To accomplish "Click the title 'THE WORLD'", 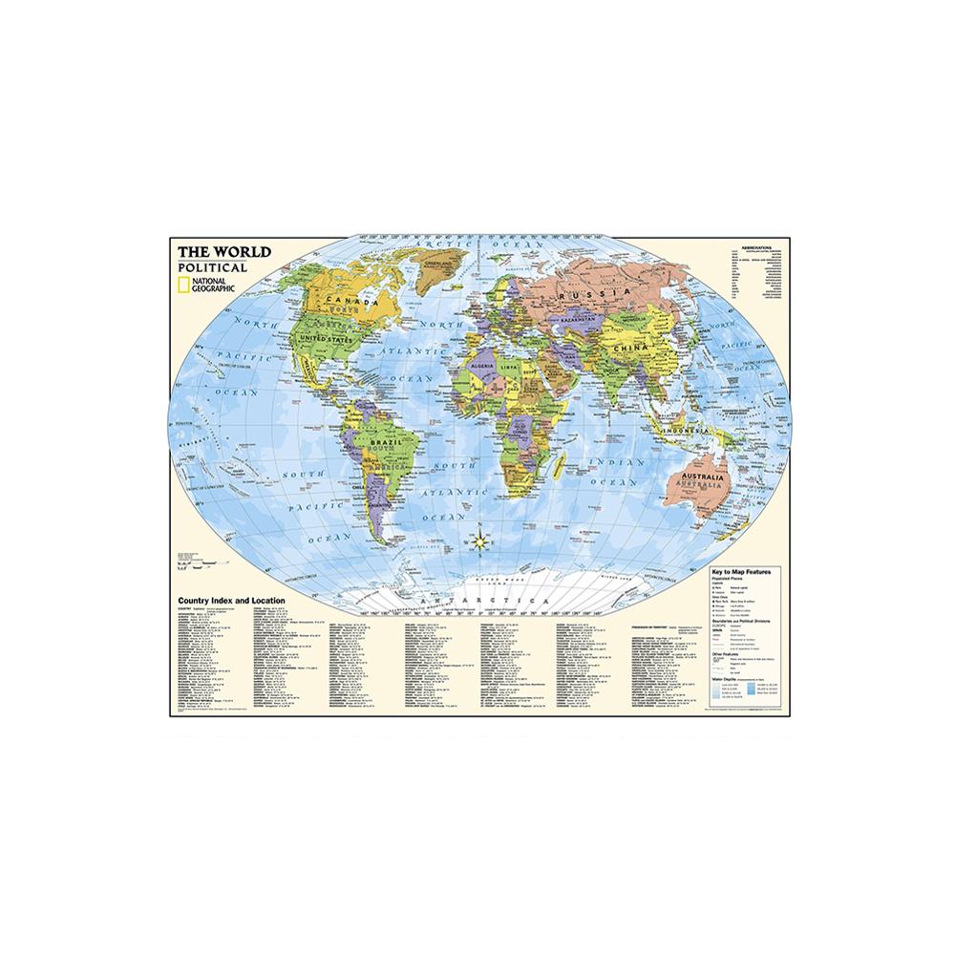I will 224,253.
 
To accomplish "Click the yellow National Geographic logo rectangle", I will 183,284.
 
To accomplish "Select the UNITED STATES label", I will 323,338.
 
